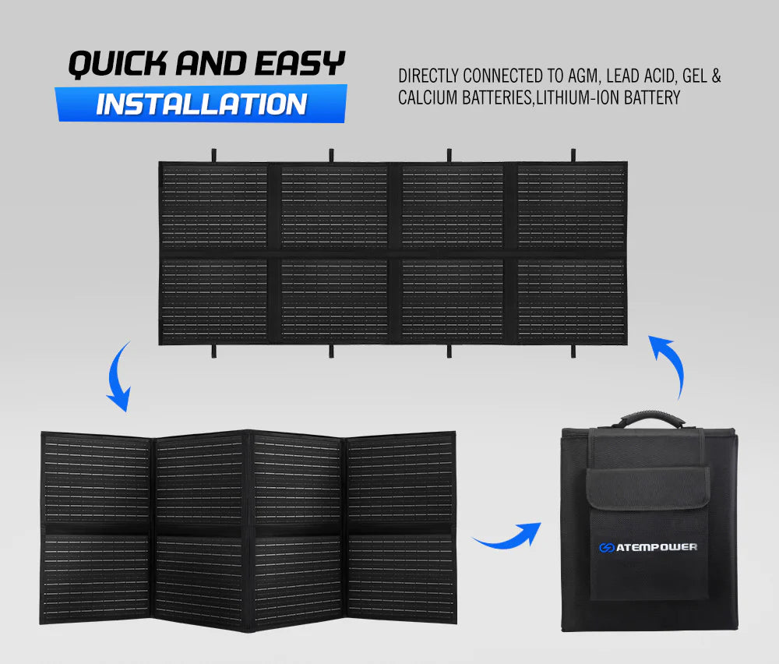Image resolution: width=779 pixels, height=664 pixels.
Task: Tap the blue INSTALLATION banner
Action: coord(201,104)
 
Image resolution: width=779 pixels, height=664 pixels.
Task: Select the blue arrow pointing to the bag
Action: coord(508,537)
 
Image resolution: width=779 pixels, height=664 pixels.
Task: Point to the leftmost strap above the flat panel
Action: coord(213,154)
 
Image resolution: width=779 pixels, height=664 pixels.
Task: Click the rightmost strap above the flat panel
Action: coord(573,154)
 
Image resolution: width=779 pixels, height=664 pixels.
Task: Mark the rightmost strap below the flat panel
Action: coord(573,351)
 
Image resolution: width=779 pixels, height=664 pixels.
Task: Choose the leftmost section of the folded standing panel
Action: coord(97,530)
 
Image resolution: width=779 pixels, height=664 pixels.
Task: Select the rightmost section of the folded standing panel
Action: coord(402,530)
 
